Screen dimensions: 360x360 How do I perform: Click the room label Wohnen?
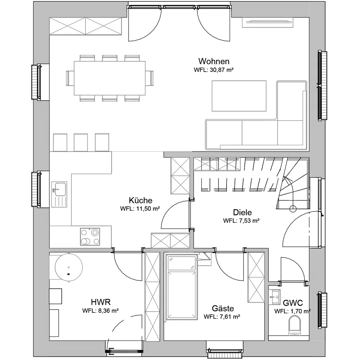pos(214,61)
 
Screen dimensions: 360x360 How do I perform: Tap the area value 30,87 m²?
pos(221,70)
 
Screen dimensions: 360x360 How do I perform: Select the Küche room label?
pos(140,200)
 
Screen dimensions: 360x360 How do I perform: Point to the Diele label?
pos(242,212)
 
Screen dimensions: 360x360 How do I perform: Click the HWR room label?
pos(101,302)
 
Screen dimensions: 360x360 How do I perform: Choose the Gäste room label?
pos(223,308)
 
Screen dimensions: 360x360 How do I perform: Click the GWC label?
pos(293,303)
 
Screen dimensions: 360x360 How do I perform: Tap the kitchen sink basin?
pos(59,189)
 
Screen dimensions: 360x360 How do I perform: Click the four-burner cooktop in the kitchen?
pos(90,237)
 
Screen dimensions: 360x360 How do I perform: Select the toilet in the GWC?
pos(294,325)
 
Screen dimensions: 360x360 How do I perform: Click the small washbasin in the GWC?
pos(275,297)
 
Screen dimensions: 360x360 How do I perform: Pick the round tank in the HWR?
pos(69,267)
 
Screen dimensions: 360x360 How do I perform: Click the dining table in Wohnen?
pos(110,78)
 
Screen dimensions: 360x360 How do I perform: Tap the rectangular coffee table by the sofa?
pos(239,96)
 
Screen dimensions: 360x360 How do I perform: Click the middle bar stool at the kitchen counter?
pos(81,142)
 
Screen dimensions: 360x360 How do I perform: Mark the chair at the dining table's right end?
pos(149,78)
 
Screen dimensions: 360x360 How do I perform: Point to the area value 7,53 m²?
pos(241,221)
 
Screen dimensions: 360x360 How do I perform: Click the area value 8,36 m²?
pos(100,311)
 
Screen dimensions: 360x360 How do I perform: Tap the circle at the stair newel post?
pos(293,209)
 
